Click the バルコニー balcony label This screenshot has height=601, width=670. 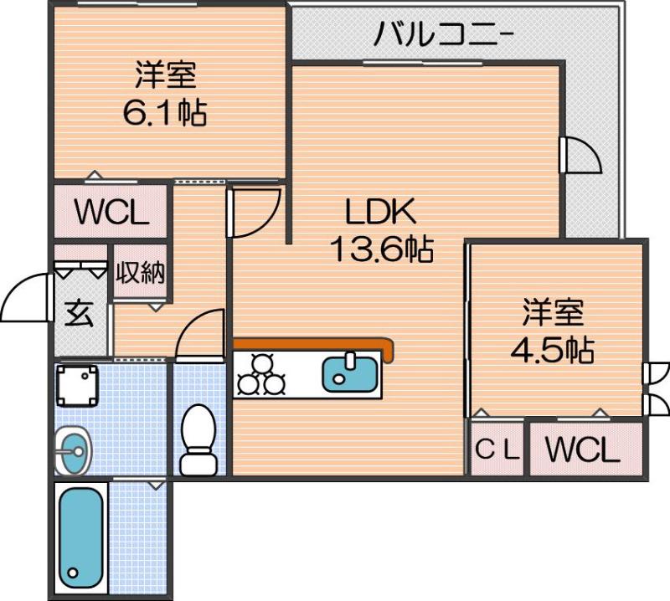[x=445, y=34]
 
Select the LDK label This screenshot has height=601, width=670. [x=382, y=213]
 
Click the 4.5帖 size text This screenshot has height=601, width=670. [x=553, y=349]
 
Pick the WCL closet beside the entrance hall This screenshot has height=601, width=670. [x=111, y=213]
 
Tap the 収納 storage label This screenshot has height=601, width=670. [x=141, y=273]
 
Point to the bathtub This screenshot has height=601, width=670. [x=81, y=535]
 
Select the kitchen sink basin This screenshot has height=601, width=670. [x=350, y=372]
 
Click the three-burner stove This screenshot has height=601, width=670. [x=262, y=374]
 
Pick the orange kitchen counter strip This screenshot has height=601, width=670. [x=313, y=344]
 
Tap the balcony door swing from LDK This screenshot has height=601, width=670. [x=580, y=154]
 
